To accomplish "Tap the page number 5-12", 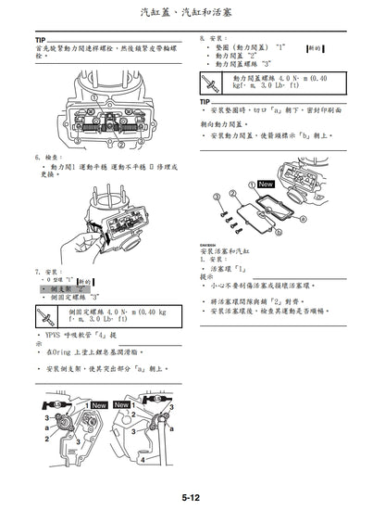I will [x=192, y=498].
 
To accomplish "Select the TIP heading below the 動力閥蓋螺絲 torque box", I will [x=205, y=102].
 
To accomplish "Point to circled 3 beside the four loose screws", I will [x=216, y=197].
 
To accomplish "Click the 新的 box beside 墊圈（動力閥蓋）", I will [x=315, y=47].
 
